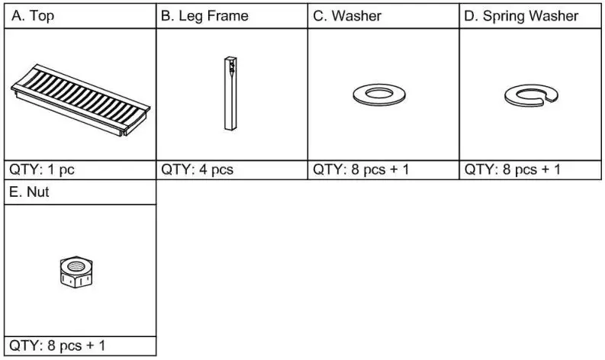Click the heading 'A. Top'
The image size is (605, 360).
pos(33,16)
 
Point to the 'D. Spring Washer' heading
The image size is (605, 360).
pos(521,16)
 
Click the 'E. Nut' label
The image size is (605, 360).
pos(30,193)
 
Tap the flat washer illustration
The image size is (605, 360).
pos(378,95)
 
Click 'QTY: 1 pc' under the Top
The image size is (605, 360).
pos(43,169)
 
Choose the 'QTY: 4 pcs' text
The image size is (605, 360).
pos(198,169)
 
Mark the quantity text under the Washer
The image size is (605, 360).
pos(361,169)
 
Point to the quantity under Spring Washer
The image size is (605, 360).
pos(513,169)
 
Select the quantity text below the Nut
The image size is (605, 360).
pos(57,346)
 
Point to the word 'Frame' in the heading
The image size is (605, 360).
pos(226,16)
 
